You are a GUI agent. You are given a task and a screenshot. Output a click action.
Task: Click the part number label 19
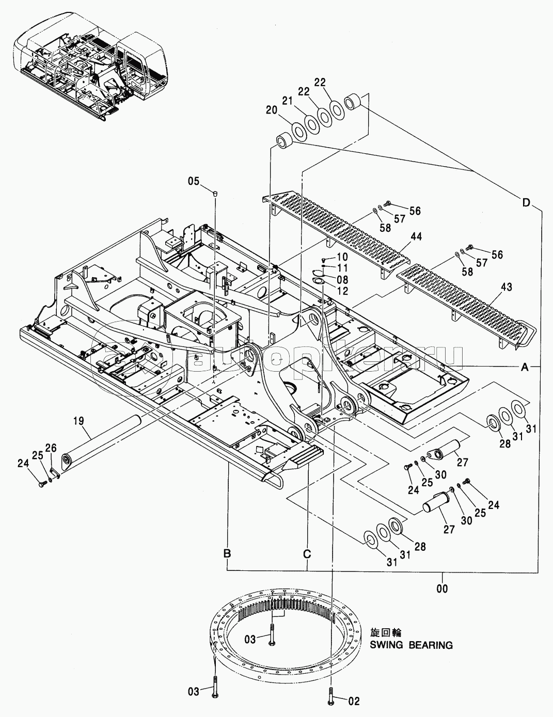[78, 421]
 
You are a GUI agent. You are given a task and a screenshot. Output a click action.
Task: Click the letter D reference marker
[526, 203]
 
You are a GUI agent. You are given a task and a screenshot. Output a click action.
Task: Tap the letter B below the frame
[227, 554]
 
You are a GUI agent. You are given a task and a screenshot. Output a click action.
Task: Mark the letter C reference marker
[307, 554]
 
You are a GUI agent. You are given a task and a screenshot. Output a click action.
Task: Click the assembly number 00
[443, 588]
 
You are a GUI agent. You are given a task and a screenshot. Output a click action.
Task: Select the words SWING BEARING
[412, 645]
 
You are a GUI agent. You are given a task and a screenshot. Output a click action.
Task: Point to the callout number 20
[272, 109]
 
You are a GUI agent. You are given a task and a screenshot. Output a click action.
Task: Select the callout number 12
[342, 291]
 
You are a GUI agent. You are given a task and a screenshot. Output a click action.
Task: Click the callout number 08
[342, 279]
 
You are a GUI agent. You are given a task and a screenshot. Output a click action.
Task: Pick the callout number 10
[342, 257]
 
